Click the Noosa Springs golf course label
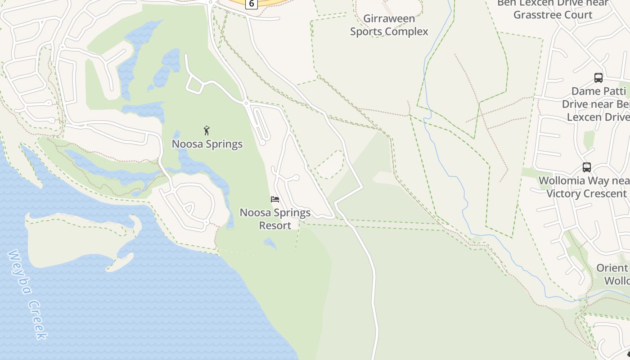pyautogui.click(x=207, y=144)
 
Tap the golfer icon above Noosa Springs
pyautogui.click(x=207, y=130)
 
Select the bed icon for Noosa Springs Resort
pyautogui.click(x=275, y=199)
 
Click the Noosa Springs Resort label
pyautogui.click(x=275, y=219)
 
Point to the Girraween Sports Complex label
pyautogui.click(x=389, y=25)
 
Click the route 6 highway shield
pyautogui.click(x=251, y=4)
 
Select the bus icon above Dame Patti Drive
pyautogui.click(x=598, y=78)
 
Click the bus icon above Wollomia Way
pyautogui.click(x=586, y=167)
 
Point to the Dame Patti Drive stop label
pyautogui.click(x=596, y=104)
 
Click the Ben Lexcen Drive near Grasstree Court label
pyautogui.click(x=553, y=9)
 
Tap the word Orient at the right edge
pyautogui.click(x=612, y=268)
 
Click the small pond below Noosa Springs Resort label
pyautogui.click(x=270, y=243)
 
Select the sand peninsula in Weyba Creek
pyautogui.click(x=76, y=238)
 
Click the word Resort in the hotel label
pyautogui.click(x=275, y=225)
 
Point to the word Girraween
pyautogui.click(x=389, y=19)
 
